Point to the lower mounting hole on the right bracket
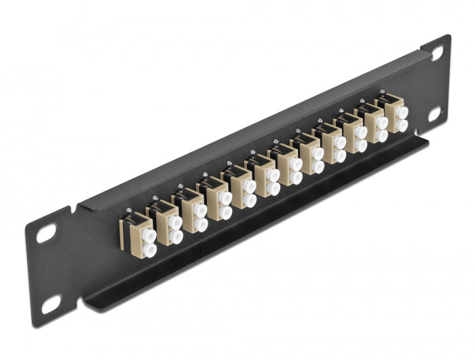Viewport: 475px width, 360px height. click(434, 114)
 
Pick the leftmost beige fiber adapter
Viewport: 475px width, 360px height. click(138, 235)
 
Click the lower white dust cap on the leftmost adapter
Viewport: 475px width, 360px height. click(149, 250)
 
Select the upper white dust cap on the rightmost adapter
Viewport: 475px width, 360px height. click(402, 112)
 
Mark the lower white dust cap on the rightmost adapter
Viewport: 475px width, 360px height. click(402, 126)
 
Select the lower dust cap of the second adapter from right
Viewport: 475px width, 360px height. click(383, 135)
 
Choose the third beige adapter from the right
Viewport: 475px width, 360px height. click(354, 133)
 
